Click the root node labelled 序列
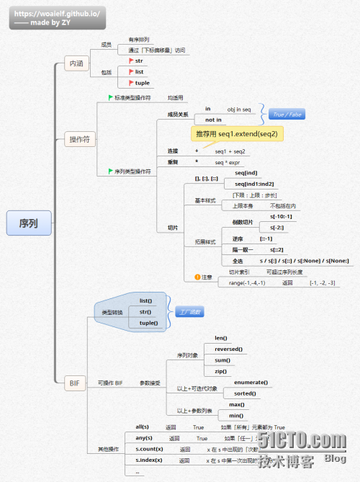(x=30, y=223)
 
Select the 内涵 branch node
(x=75, y=63)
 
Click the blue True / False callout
(x=287, y=114)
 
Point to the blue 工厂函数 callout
(x=189, y=312)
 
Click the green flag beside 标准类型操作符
(x=110, y=97)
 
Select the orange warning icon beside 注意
(x=197, y=277)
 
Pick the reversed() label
(x=228, y=349)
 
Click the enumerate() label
(x=251, y=382)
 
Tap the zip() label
(x=220, y=370)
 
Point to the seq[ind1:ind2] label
(x=254, y=184)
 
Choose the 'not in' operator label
(x=213, y=120)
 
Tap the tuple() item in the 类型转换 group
(x=148, y=323)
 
